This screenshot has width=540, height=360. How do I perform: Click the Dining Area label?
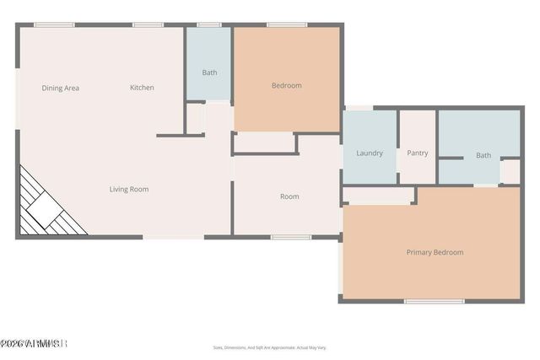click(x=61, y=88)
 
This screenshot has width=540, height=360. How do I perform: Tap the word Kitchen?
click(x=142, y=88)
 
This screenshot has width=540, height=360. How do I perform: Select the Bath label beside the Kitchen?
click(x=209, y=73)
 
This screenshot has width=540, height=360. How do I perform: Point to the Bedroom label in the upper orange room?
click(x=286, y=85)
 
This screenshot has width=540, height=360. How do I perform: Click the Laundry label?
click(x=370, y=153)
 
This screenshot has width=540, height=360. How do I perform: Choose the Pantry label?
click(x=418, y=153)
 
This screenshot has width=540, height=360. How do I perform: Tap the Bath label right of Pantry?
click(x=483, y=155)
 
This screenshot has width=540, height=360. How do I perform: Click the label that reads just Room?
click(x=289, y=196)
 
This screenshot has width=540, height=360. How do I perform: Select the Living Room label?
click(x=129, y=190)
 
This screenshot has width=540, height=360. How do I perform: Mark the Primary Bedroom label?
click(x=435, y=252)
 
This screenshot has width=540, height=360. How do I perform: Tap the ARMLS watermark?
click(x=34, y=344)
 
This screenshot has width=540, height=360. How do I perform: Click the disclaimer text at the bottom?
click(x=269, y=347)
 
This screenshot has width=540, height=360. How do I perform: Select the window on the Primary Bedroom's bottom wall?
click(x=435, y=301)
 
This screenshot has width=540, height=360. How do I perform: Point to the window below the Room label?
click(x=291, y=237)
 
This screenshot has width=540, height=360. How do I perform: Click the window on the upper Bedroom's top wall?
click(x=287, y=24)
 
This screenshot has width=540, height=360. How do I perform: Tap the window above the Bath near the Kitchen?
click(x=209, y=24)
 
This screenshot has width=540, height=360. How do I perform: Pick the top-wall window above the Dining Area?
click(x=55, y=24)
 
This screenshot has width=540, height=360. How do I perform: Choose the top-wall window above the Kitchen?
click(x=148, y=24)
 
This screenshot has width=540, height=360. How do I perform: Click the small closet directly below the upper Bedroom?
click(x=264, y=143)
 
